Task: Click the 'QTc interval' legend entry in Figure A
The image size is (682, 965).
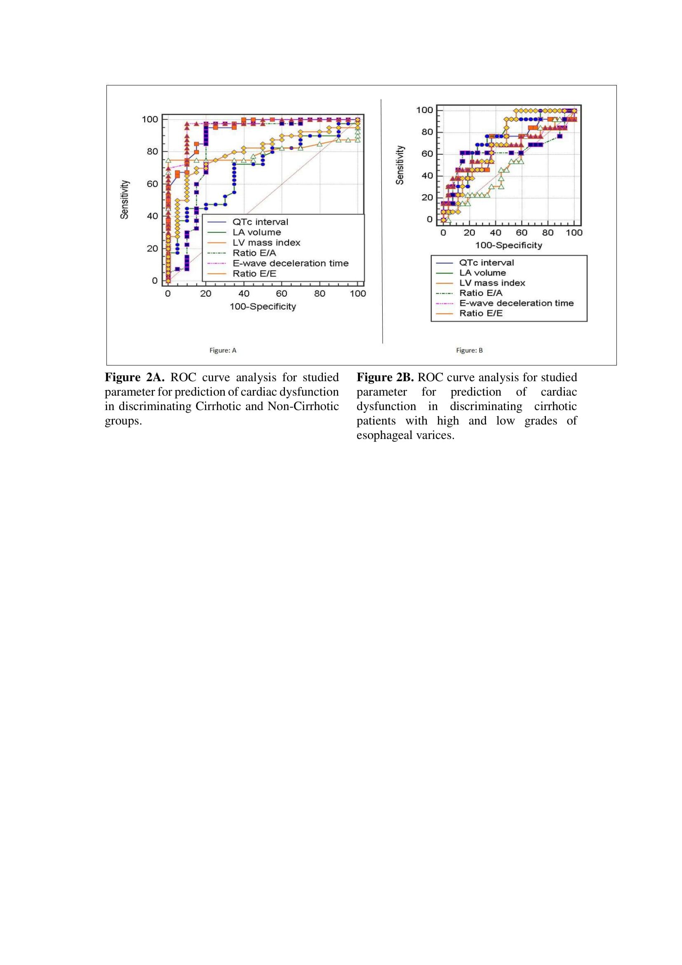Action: pyautogui.click(x=260, y=222)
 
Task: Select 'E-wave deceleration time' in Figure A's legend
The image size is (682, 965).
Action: pyautogui.click(x=290, y=263)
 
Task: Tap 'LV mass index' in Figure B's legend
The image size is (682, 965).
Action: pyautogui.click(x=492, y=283)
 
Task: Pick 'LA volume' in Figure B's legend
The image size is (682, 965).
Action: pyautogui.click(x=482, y=273)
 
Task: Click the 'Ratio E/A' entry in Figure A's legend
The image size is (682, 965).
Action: pyautogui.click(x=254, y=253)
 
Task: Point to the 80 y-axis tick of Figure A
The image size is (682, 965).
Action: pyautogui.click(x=152, y=152)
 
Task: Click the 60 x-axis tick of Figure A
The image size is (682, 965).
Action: pyautogui.click(x=281, y=294)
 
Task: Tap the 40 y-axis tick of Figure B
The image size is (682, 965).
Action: pyautogui.click(x=427, y=176)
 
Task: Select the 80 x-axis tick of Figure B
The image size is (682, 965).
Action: pyautogui.click(x=548, y=233)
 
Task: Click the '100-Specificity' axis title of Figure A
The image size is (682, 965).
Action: pyautogui.click(x=263, y=307)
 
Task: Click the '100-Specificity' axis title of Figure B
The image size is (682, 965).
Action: pyautogui.click(x=508, y=245)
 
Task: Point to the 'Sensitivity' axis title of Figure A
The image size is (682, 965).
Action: pyautogui.click(x=124, y=200)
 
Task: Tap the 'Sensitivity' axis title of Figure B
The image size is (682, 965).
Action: pyautogui.click(x=400, y=165)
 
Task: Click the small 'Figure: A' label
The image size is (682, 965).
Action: pyautogui.click(x=223, y=351)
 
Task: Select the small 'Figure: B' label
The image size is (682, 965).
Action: pyautogui.click(x=470, y=351)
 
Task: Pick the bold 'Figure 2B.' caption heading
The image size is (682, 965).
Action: pyautogui.click(x=385, y=378)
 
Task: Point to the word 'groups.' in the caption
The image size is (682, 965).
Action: pyautogui.click(x=123, y=421)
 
